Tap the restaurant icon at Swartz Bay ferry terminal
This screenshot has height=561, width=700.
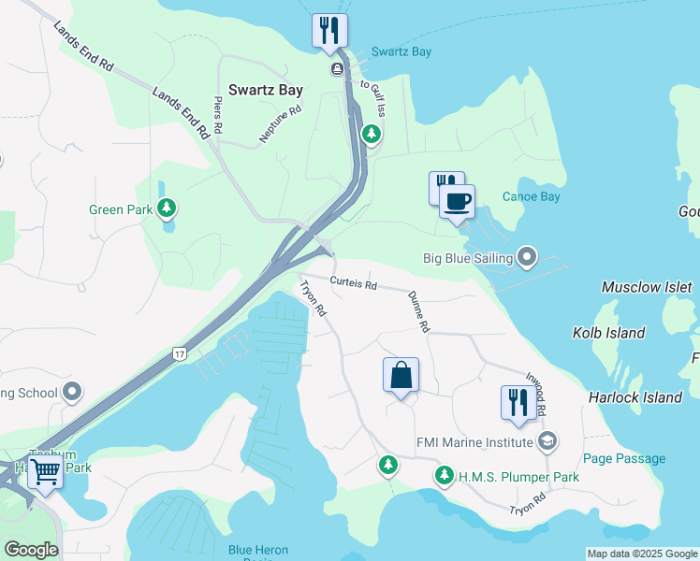pyautogui.click(x=329, y=30)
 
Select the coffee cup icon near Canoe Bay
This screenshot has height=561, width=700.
pyautogui.click(x=457, y=201)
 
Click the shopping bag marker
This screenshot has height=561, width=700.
pyautogui.click(x=401, y=375)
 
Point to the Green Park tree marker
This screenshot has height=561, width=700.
pyautogui.click(x=167, y=208)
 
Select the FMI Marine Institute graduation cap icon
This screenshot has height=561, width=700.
pyautogui.click(x=548, y=440)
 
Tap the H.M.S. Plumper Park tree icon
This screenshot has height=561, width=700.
pyautogui.click(x=444, y=476)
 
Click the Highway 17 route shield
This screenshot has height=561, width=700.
pyautogui.click(x=179, y=353)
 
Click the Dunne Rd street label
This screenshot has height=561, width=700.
pyautogui.click(x=418, y=312)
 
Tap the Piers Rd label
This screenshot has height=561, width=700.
pyautogui.click(x=219, y=115)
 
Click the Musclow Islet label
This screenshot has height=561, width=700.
pyautogui.click(x=647, y=287)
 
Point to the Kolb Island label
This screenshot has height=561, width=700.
pyautogui.click(x=608, y=333)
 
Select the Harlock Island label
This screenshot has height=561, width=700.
pyautogui.click(x=634, y=397)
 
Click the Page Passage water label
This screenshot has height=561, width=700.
pyautogui.click(x=623, y=458)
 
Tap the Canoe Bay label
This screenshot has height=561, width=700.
pyautogui.click(x=531, y=196)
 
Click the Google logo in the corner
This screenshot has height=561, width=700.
pyautogui.click(x=31, y=550)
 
